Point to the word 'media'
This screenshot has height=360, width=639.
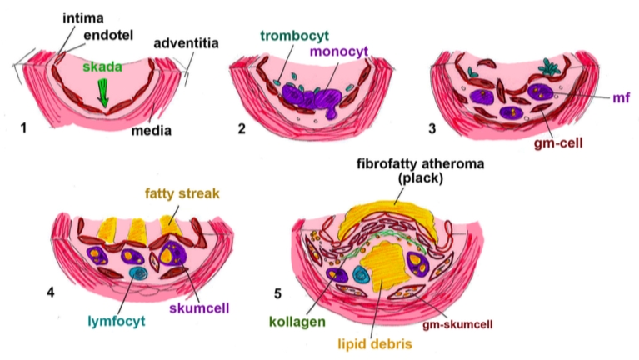pos(155,130)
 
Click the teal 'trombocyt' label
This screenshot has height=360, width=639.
pos(293,35)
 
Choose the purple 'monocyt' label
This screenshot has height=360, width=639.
pos(338,52)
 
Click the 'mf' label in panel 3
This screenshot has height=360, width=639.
pos(620,97)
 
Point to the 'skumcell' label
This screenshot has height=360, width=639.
pos(202,307)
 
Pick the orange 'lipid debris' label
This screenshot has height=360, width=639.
pos(378,342)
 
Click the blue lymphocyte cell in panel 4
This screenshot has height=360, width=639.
pos(137,272)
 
